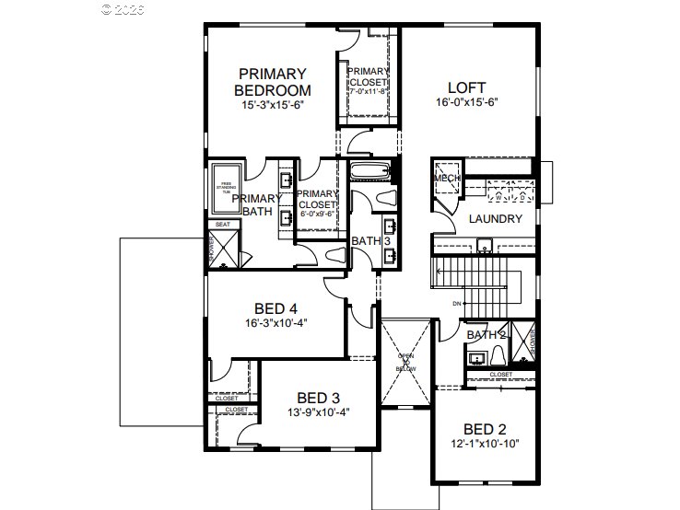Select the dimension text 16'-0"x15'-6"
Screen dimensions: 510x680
click(466, 105)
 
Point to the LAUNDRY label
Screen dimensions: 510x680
click(495, 219)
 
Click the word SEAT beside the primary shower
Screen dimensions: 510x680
click(223, 224)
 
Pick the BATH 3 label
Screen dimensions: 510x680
click(369, 241)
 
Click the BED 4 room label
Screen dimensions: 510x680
click(276, 308)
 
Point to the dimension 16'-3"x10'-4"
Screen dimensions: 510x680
click(276, 324)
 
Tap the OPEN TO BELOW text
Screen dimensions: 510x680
click(406, 362)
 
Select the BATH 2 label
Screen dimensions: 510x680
click(486, 334)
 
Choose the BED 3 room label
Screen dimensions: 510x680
click(317, 398)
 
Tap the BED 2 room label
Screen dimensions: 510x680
click(484, 429)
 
